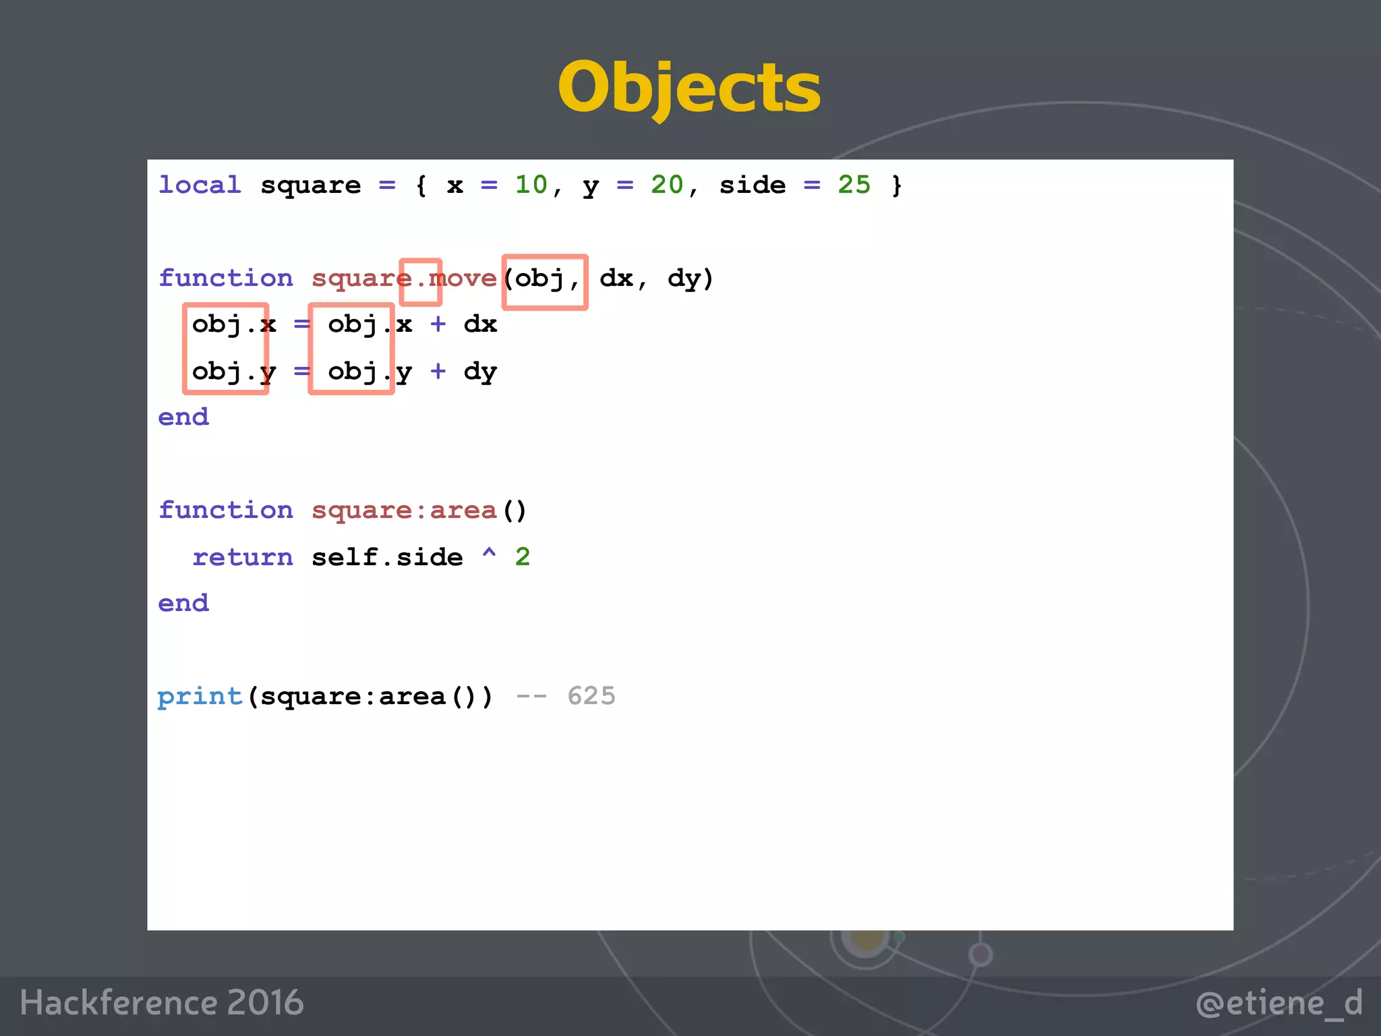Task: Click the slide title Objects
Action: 689,88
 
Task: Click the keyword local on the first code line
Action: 200,185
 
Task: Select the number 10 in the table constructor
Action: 531,185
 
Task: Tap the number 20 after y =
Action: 667,185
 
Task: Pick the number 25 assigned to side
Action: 854,185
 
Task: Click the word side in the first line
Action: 753,185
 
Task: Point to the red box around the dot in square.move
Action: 420,282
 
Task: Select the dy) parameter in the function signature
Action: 690,278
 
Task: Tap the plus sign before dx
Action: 438,324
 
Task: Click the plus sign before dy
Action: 438,371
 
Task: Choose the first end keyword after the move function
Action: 183,418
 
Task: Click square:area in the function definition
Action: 403,511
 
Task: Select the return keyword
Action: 243,557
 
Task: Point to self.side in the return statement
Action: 387,557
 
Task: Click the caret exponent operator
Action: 489,554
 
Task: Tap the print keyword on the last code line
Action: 200,696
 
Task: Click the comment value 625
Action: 591,696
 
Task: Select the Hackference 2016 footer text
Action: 162,1002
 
